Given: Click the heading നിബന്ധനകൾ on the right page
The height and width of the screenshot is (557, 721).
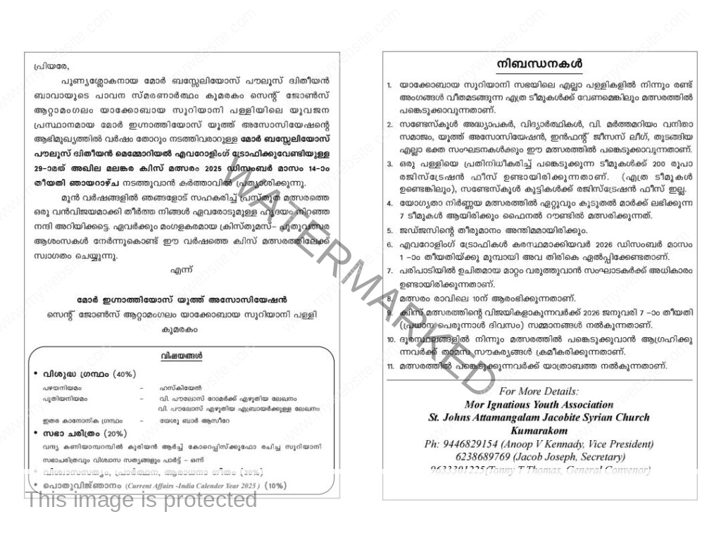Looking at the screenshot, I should coord(539,64).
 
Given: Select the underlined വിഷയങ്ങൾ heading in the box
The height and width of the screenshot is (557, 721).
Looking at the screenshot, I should coord(181,356).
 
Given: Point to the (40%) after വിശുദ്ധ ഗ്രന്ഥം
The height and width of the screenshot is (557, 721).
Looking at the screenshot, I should coord(125,373).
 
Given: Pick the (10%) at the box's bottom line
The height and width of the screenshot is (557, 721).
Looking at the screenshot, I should coord(276,486).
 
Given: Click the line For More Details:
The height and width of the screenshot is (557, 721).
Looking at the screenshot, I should coord(539,392).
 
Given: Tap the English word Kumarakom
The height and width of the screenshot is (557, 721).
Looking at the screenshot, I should coord(539,430).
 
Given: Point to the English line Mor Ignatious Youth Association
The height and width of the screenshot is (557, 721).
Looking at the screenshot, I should coord(539,405).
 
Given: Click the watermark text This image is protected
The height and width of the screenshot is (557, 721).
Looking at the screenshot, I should coord(142,500).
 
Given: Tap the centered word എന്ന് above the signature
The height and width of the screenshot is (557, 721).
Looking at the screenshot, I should coord(181,270).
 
